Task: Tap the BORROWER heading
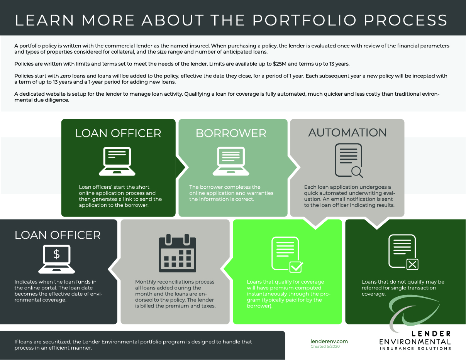(231, 134)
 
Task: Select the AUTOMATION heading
(347, 133)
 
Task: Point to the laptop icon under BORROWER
(230, 161)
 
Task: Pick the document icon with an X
(403, 253)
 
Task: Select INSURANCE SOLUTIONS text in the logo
(415, 348)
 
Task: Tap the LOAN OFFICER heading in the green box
(118, 134)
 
